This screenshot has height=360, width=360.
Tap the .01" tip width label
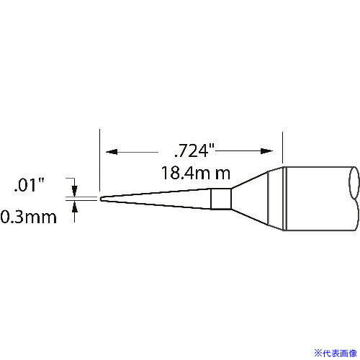coord(30,186)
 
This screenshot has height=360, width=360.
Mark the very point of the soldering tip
coord(101,198)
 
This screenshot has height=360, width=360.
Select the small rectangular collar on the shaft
coord(221,198)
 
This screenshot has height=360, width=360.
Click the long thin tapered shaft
coord(158,198)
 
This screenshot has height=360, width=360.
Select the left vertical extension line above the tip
coord(98,162)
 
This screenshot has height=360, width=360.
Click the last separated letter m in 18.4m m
coord(225,174)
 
